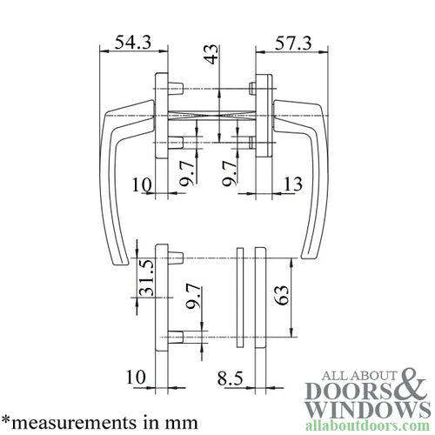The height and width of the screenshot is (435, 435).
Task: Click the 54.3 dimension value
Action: [126, 42]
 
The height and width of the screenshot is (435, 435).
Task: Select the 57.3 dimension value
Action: [294, 42]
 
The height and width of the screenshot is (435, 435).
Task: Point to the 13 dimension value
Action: [293, 184]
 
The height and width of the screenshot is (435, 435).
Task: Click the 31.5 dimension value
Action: [148, 278]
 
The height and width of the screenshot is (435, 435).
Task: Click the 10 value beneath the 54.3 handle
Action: [141, 184]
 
